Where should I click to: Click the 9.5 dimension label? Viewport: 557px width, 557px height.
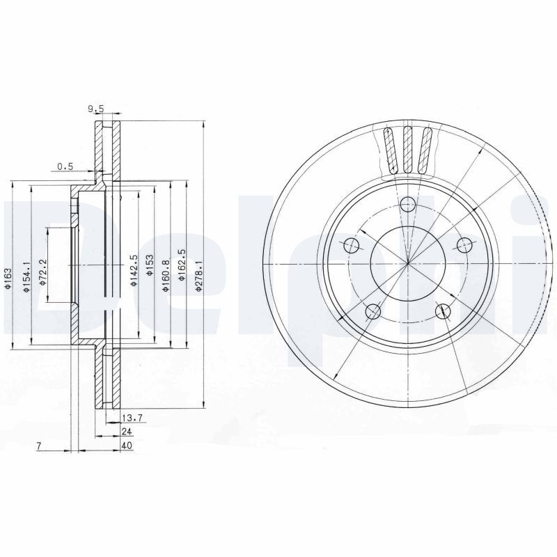(95, 109)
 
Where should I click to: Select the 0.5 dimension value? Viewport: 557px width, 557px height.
(65, 166)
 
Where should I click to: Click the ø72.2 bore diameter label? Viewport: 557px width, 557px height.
(42, 271)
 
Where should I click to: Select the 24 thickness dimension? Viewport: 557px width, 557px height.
(126, 432)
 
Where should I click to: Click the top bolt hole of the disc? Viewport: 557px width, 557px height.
(409, 203)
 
